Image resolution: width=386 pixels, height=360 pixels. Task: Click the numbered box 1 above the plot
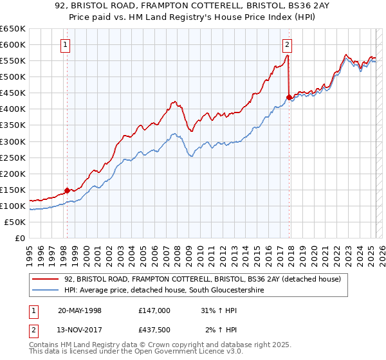(66, 45)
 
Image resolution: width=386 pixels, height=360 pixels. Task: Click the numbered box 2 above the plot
(287, 45)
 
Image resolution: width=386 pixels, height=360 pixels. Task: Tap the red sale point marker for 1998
(67, 190)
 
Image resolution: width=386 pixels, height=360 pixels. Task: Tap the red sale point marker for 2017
(289, 96)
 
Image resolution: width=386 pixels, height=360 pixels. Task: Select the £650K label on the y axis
(14, 29)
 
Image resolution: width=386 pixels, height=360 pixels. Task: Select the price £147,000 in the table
(154, 310)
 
